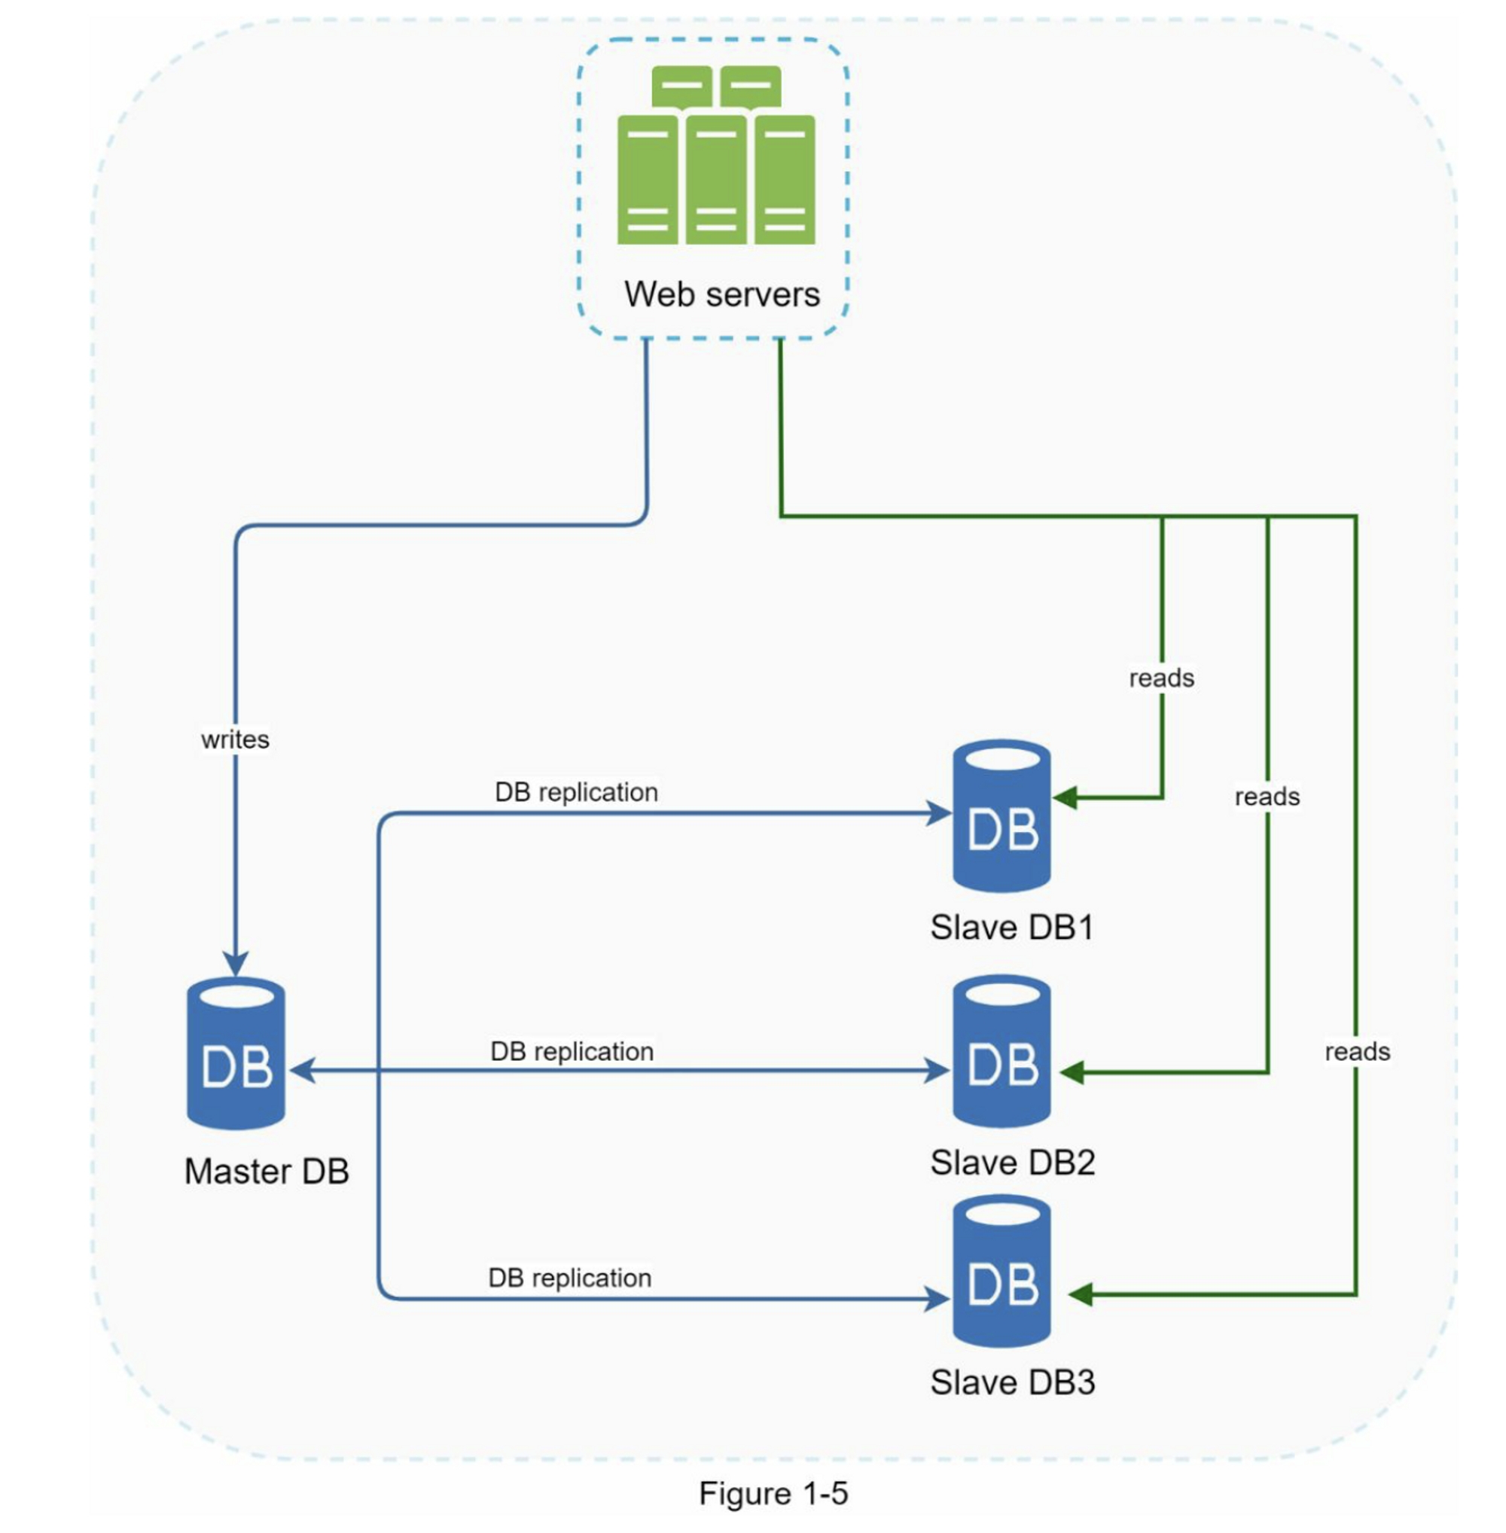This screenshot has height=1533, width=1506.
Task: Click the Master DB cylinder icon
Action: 236,1053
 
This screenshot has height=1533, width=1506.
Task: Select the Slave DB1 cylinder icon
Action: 1001,815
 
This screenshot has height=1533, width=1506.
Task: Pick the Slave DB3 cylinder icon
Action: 1001,1271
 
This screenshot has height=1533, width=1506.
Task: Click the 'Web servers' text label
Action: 721,294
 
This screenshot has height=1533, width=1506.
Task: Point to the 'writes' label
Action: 235,739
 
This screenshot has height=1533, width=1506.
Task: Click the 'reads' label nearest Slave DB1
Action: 1161,678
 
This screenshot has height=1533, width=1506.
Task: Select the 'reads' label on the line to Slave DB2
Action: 1267,797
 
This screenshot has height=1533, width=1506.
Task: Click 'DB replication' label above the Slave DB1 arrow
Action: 577,792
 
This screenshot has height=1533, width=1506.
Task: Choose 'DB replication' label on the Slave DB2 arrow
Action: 572,1051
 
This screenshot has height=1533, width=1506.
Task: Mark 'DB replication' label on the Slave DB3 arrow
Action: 569,1278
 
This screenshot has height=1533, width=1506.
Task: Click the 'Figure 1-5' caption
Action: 773,1493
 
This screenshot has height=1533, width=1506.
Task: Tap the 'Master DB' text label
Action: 267,1172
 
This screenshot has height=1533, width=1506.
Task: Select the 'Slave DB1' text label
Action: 1011,928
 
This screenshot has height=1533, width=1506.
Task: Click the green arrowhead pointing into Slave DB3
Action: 1081,1294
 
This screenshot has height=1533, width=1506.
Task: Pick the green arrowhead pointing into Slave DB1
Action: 1065,797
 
